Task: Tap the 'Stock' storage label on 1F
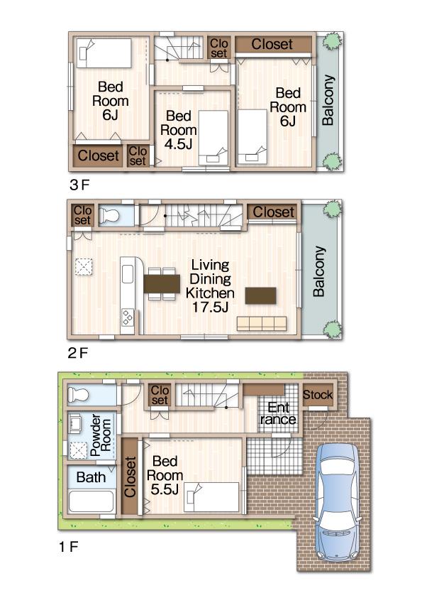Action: (318, 395)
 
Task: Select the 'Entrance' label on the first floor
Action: (277, 413)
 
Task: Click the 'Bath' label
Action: (91, 477)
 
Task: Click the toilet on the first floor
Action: (79, 394)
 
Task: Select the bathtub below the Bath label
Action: (91, 502)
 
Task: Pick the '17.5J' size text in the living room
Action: (210, 307)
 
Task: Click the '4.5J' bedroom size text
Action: (179, 144)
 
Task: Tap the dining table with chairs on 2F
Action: (162, 283)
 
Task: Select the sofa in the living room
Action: (262, 323)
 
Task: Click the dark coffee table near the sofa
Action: (260, 295)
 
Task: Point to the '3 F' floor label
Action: (79, 185)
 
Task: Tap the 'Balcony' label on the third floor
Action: (328, 100)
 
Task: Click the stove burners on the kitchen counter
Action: (128, 317)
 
